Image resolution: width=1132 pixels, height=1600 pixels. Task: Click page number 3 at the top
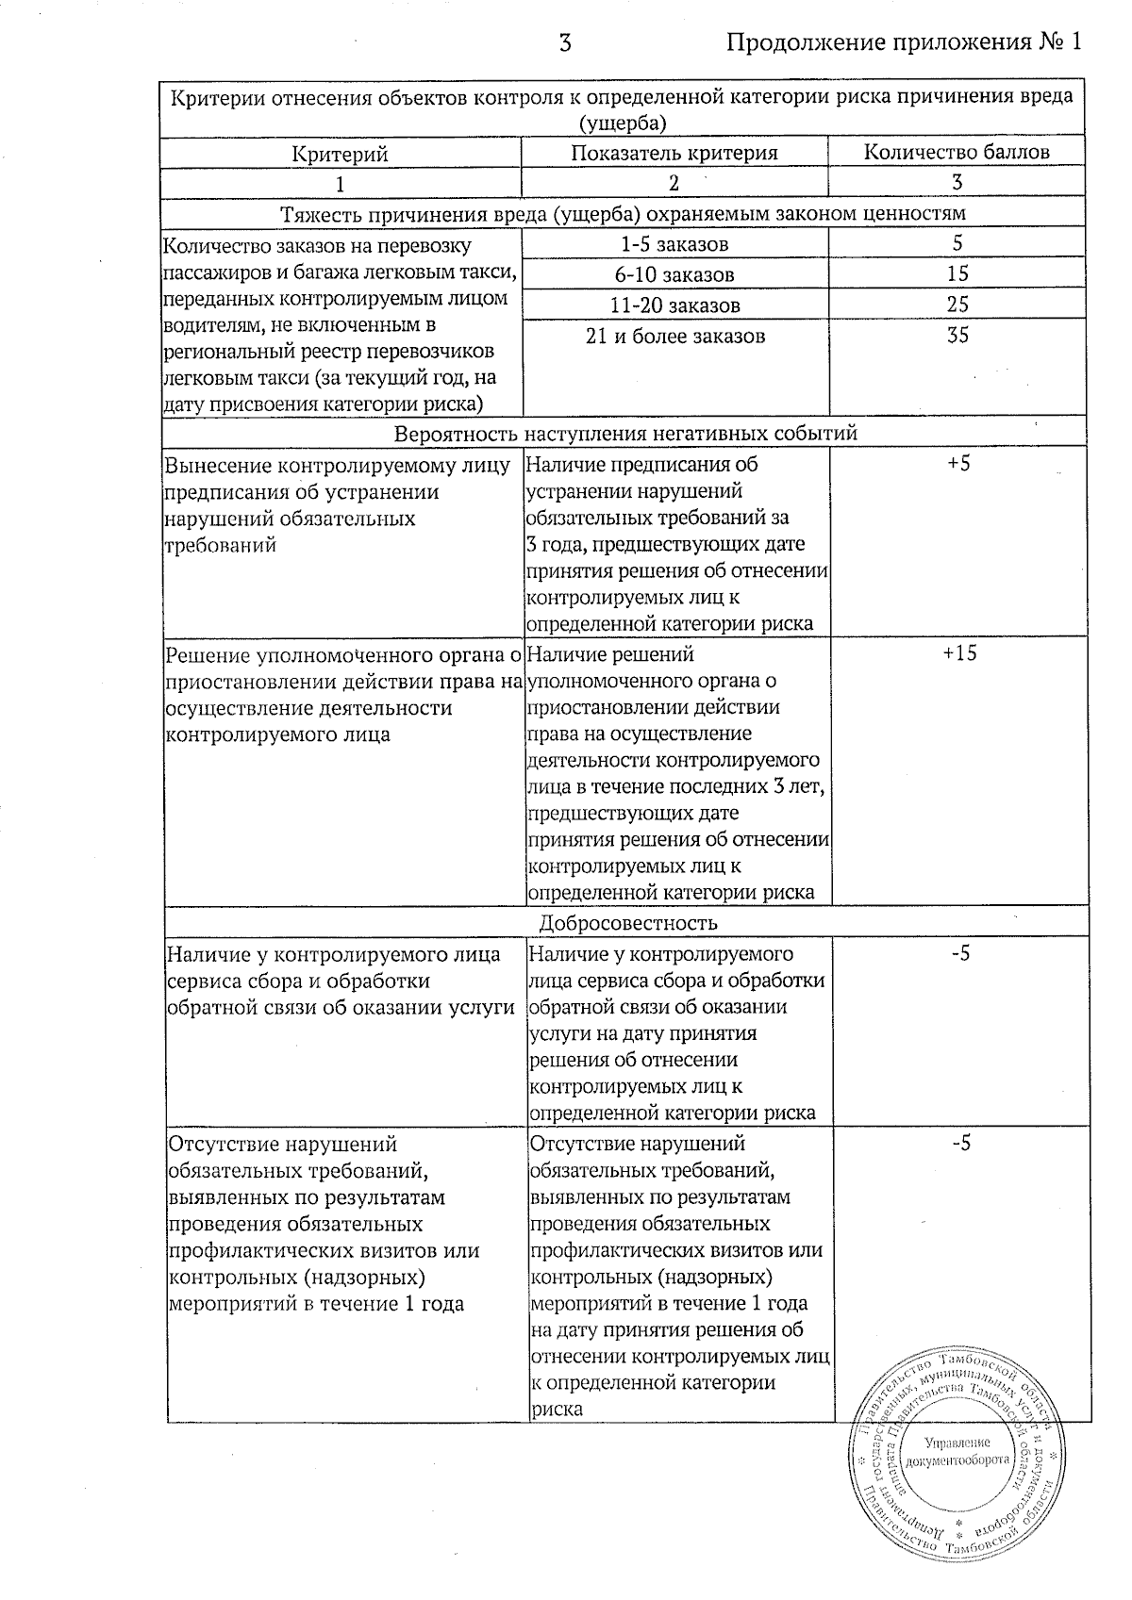pyautogui.click(x=565, y=42)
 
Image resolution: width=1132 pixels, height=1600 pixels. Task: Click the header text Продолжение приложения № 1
pyautogui.click(x=903, y=42)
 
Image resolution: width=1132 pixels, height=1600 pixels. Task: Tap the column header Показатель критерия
pyautogui.click(x=674, y=153)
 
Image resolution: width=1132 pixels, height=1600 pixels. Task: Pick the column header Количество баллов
pyautogui.click(x=957, y=153)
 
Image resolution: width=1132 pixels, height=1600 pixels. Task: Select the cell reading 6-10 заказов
pyautogui.click(x=674, y=275)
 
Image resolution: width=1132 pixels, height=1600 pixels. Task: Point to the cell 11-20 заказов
pyautogui.click(x=674, y=305)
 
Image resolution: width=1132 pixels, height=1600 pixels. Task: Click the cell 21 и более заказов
pyautogui.click(x=674, y=336)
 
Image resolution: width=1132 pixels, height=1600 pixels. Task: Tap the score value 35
pyautogui.click(x=957, y=336)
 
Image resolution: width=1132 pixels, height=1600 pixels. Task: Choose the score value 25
pyautogui.click(x=957, y=305)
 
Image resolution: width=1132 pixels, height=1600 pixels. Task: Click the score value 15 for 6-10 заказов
pyautogui.click(x=957, y=274)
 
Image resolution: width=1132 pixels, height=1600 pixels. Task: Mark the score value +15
pyautogui.click(x=959, y=653)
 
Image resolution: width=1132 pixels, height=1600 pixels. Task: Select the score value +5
pyautogui.click(x=957, y=463)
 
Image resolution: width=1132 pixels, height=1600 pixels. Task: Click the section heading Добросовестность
pyautogui.click(x=628, y=922)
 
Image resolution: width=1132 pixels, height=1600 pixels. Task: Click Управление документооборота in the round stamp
pyautogui.click(x=957, y=1452)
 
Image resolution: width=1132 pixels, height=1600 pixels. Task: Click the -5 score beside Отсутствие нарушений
pyautogui.click(x=960, y=1144)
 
